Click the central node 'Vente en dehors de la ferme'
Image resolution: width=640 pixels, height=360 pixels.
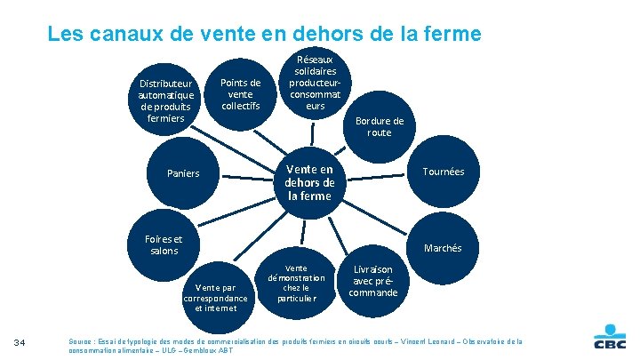(x=308, y=182)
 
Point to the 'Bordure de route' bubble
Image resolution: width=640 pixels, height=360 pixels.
(x=379, y=126)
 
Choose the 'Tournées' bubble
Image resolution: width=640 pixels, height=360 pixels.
(x=443, y=172)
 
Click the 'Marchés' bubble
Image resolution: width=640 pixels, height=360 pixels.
(x=443, y=248)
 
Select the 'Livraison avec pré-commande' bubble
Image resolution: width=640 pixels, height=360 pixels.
(x=373, y=280)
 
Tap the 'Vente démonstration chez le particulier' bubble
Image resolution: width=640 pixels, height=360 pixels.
(x=296, y=283)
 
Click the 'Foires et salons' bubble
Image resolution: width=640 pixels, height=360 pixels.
(x=163, y=244)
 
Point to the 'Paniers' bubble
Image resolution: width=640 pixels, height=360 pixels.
(x=183, y=173)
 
